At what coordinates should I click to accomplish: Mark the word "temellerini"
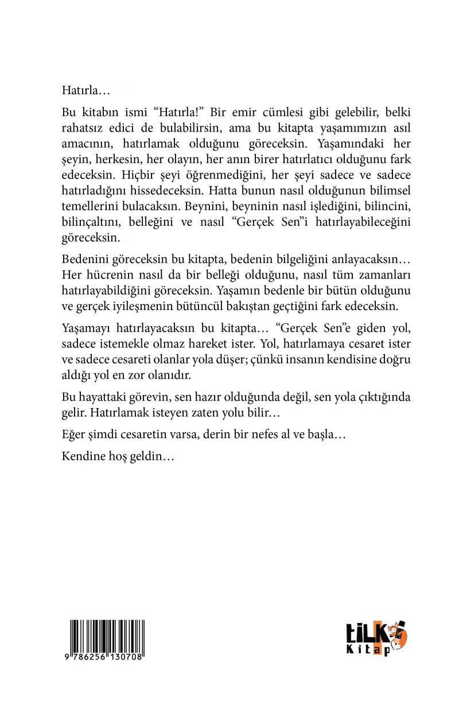click(x=88, y=200)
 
